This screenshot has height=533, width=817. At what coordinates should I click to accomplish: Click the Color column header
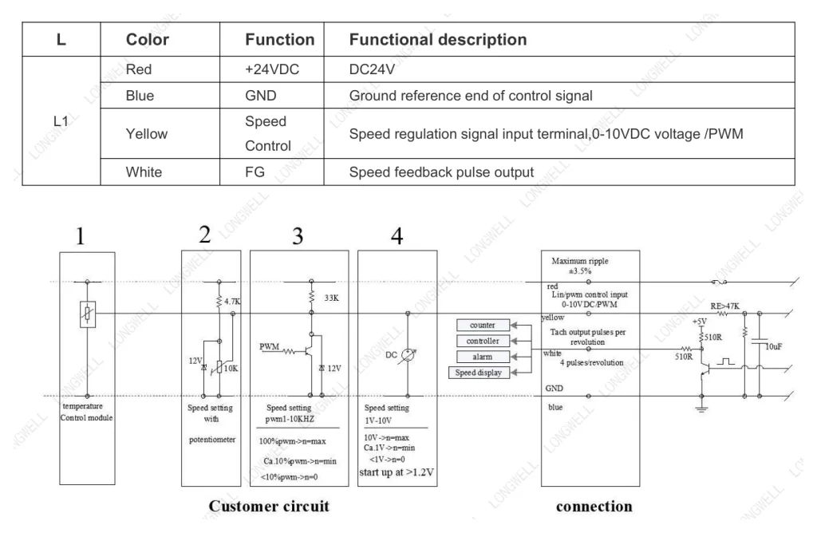tap(148, 40)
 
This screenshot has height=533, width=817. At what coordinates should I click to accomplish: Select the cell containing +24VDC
tap(272, 69)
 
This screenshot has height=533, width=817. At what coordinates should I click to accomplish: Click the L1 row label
tap(61, 121)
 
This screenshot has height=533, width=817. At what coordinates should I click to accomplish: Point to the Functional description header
tap(438, 40)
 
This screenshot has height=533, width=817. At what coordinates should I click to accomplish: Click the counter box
tap(483, 325)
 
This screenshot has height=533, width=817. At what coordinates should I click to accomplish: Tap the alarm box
tap(483, 357)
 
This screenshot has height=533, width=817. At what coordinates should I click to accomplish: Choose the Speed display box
tap(479, 373)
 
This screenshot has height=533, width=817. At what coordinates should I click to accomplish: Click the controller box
tap(483, 341)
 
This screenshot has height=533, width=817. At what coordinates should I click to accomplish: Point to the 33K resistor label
tap(331, 298)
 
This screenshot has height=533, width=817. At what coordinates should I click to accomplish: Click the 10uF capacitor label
tap(773, 346)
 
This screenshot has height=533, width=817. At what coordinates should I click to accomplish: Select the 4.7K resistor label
tap(232, 301)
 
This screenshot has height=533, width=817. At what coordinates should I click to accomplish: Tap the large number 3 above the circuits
tap(298, 236)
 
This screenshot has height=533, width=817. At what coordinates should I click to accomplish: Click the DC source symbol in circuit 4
tap(408, 355)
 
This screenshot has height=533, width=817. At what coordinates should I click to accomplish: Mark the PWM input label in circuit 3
tap(270, 346)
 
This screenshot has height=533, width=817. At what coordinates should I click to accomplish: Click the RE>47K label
tap(724, 306)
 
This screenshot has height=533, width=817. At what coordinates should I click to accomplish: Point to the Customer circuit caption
tap(269, 506)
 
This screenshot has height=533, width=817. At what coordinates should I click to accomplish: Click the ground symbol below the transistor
tap(702, 409)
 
